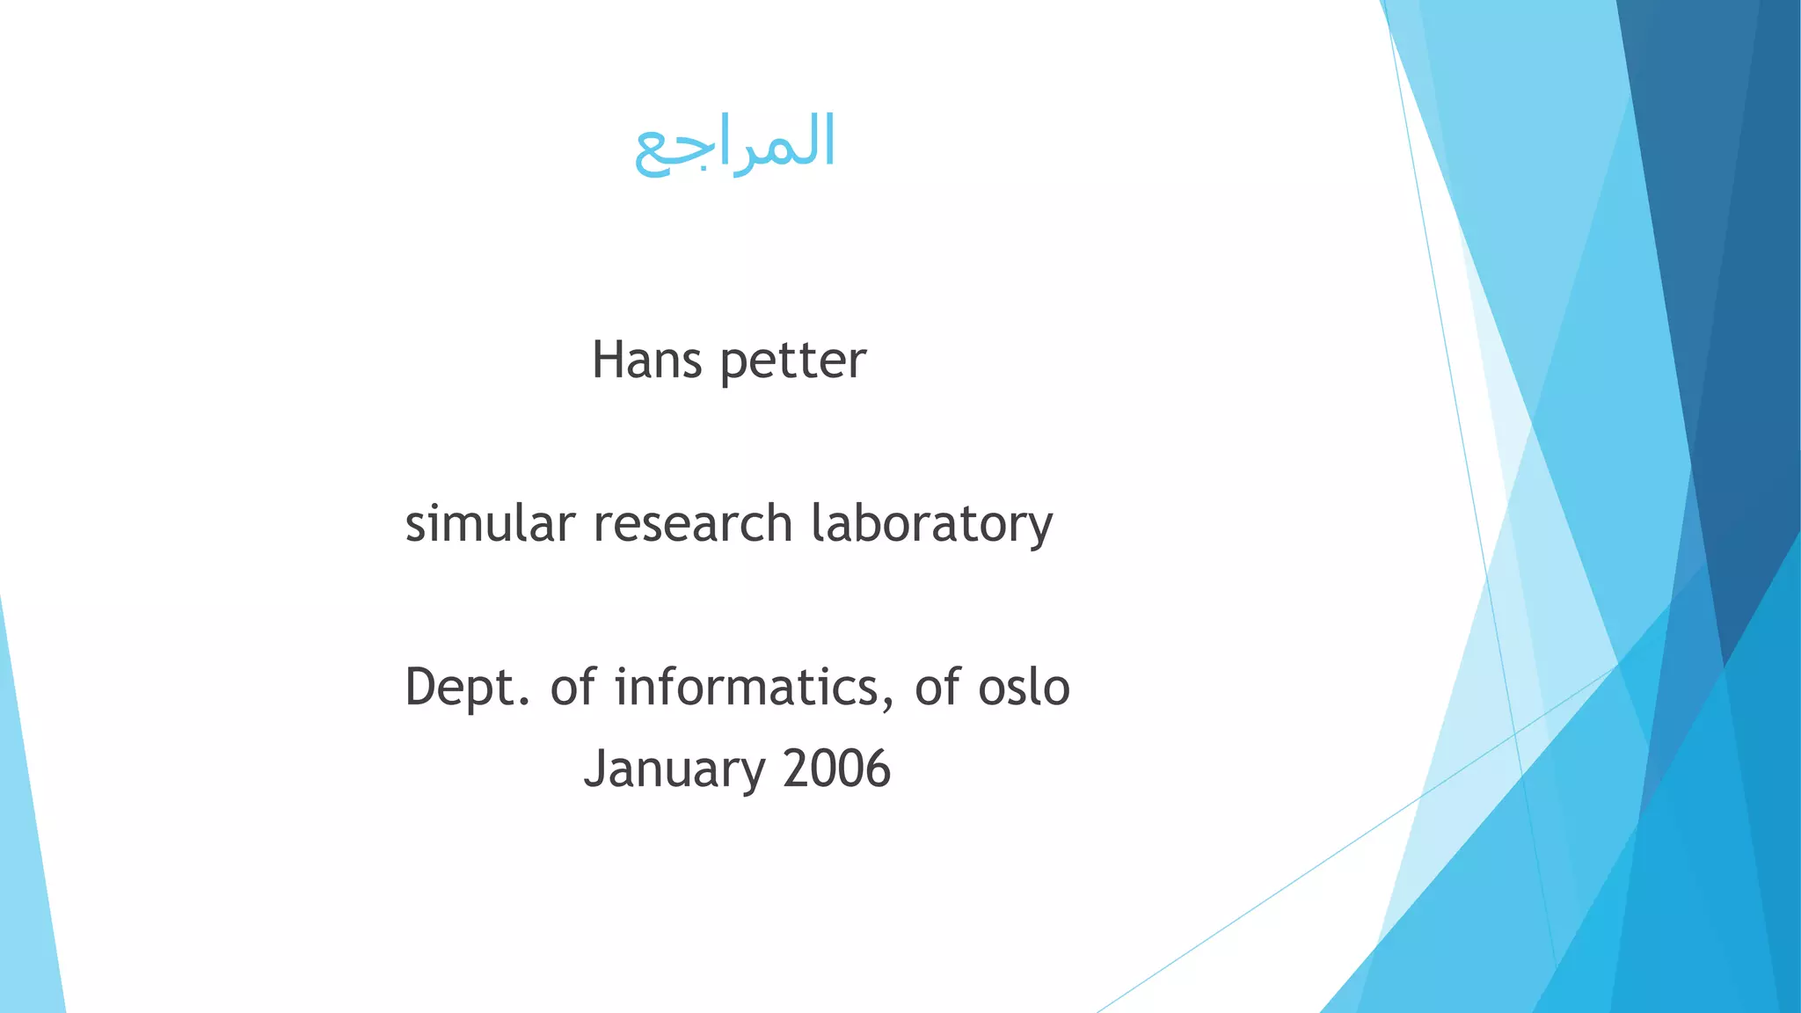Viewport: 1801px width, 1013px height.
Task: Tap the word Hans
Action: [x=646, y=361]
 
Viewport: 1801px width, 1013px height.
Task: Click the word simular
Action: [x=490, y=523]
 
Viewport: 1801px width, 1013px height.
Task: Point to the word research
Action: [x=693, y=523]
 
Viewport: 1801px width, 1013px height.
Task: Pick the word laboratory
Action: [x=931, y=525]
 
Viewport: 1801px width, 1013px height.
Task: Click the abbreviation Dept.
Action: [x=467, y=688]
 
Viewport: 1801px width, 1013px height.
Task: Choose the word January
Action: [x=674, y=769]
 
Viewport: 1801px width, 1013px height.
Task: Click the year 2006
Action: [x=836, y=769]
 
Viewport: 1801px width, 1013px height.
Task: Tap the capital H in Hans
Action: [x=609, y=361]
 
